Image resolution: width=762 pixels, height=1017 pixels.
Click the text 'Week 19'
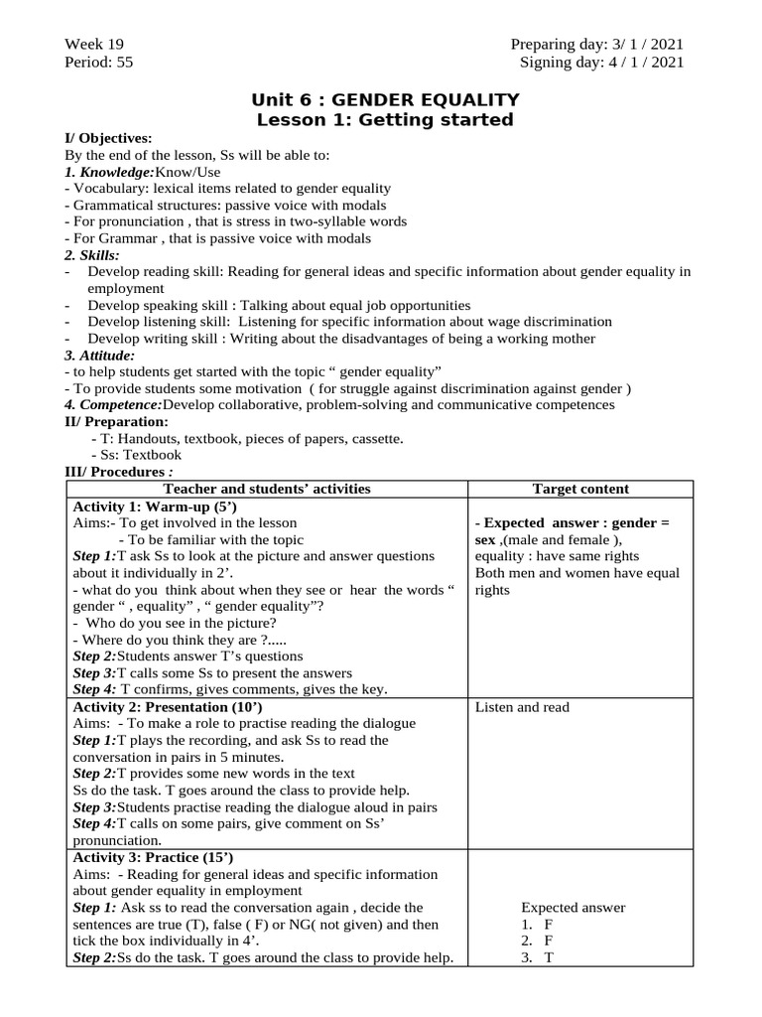tap(94, 45)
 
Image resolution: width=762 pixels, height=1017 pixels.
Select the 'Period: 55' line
tap(98, 62)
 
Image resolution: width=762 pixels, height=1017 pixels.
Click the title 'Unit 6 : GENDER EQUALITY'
tap(385, 99)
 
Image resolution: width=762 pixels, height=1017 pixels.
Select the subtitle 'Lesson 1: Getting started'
tap(385, 120)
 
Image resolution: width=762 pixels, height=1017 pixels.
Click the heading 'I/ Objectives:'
tap(108, 138)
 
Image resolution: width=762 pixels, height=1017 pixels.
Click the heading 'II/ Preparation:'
tap(116, 421)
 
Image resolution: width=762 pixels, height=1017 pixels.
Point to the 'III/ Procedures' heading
tap(116, 471)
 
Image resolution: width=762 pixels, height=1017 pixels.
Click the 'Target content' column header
tap(580, 489)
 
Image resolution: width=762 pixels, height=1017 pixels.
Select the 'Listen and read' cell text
tap(522, 707)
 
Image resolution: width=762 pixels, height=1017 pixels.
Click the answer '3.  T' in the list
tap(541, 958)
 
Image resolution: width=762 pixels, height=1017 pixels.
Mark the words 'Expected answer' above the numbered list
tap(573, 908)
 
